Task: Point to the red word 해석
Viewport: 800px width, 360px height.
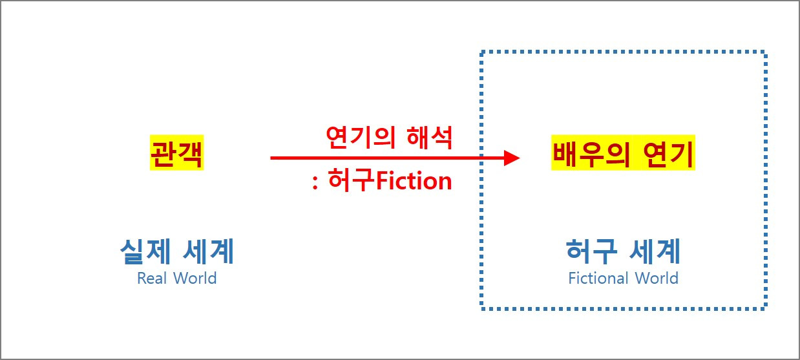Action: click(430, 136)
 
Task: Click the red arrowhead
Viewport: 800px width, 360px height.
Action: click(512, 158)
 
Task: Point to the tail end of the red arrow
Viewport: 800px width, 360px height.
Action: click(272, 158)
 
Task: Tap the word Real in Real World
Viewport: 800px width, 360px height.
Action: click(152, 279)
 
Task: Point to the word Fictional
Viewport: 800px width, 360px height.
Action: click(598, 279)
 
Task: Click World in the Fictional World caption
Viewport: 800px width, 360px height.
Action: click(656, 279)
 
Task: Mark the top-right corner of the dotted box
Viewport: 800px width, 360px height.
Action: click(764, 52)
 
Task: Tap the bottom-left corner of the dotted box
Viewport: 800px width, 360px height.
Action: click(482, 308)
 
